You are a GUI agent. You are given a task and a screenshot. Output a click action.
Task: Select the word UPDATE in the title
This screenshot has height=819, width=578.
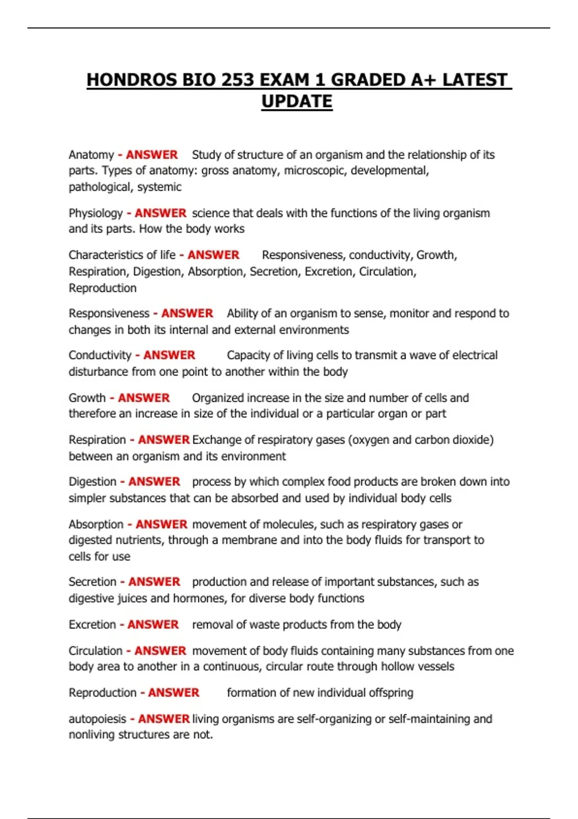(297, 102)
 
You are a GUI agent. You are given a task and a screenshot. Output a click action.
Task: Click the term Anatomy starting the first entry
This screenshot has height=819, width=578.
(91, 155)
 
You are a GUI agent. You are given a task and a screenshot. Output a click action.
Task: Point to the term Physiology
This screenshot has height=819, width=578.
(95, 213)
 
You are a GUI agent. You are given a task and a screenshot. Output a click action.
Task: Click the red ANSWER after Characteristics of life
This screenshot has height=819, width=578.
(213, 255)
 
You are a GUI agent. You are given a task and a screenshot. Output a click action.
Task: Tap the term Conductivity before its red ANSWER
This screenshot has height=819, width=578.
(100, 355)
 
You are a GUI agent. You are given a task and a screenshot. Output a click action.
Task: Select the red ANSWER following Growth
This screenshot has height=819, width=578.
(144, 398)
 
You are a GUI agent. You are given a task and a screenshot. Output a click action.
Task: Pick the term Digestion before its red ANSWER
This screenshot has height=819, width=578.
(92, 482)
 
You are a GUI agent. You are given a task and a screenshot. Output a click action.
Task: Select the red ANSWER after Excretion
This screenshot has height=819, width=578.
(153, 624)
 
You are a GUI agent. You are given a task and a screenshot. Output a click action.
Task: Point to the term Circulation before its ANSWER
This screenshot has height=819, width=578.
(95, 651)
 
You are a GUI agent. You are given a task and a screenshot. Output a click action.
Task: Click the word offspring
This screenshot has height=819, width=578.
(391, 693)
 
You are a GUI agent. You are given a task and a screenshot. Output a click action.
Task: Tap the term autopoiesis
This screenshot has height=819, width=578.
(97, 719)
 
